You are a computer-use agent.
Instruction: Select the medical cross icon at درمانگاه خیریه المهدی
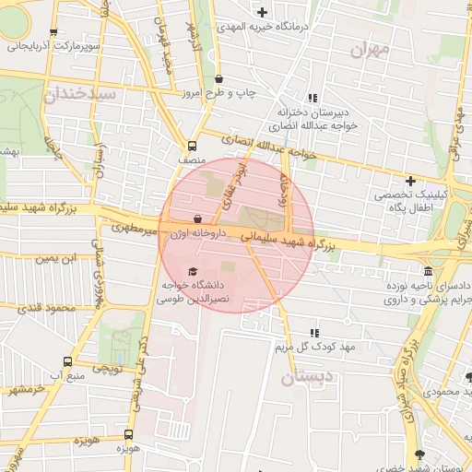(263, 12)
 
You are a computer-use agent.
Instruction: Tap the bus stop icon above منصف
(192, 146)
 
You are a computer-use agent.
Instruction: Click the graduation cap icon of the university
(192, 271)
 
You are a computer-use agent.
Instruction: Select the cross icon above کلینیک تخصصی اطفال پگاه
(410, 181)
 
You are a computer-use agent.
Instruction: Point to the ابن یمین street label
(56, 258)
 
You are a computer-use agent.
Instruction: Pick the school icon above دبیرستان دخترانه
(312, 98)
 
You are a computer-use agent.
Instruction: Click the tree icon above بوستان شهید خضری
(421, 454)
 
